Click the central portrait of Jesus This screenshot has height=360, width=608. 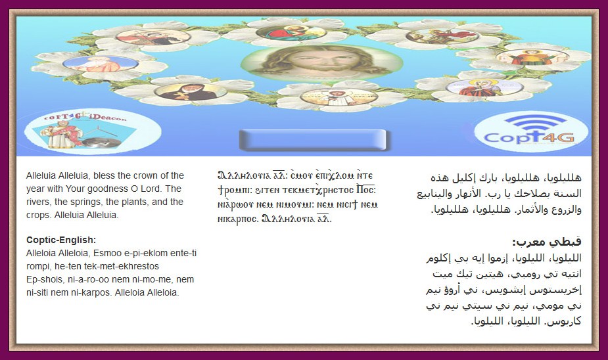click(321, 62)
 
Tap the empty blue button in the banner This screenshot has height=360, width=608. click(312, 139)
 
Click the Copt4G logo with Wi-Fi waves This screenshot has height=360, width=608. click(530, 131)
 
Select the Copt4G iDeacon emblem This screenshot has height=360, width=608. click(92, 130)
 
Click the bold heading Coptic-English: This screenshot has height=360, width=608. click(61, 240)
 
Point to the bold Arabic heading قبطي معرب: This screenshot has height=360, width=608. click(547, 242)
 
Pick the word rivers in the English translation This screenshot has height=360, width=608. click(38, 202)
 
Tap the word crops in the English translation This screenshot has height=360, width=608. click(37, 215)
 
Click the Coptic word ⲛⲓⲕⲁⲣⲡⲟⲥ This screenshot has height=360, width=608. click(238, 219)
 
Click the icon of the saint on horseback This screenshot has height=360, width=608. click(442, 36)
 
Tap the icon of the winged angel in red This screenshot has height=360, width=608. click(532, 57)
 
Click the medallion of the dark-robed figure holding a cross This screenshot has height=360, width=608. click(191, 92)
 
